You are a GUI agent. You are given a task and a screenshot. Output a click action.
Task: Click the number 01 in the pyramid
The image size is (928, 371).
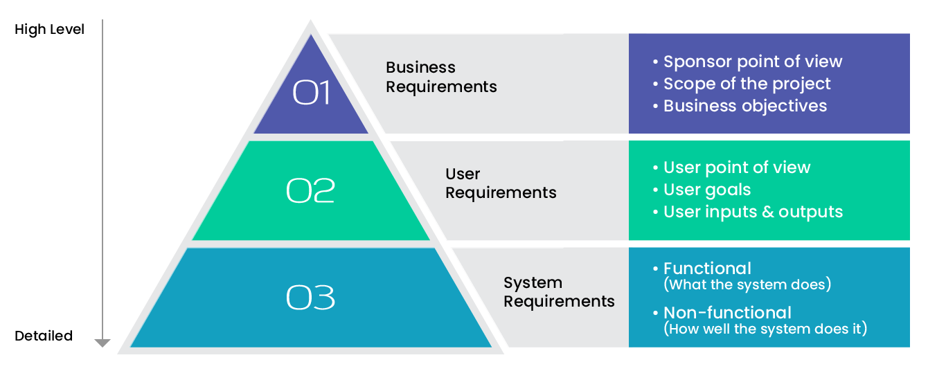(311, 92)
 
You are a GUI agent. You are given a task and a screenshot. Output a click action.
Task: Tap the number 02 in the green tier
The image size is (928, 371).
(310, 190)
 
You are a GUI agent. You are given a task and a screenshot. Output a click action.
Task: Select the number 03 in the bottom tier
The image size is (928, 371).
(310, 298)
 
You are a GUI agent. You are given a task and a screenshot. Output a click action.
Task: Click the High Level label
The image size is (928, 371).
(49, 29)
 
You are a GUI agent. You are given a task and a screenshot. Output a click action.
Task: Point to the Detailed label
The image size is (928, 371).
(44, 336)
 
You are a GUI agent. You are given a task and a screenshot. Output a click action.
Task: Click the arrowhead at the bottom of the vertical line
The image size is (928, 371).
(102, 343)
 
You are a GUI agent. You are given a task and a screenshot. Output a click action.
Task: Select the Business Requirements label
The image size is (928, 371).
(441, 77)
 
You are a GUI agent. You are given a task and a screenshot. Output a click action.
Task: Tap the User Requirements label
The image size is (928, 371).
(501, 183)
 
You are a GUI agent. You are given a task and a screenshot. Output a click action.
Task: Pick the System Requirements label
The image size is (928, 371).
(559, 292)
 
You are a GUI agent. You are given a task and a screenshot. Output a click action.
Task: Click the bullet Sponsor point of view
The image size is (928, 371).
(748, 62)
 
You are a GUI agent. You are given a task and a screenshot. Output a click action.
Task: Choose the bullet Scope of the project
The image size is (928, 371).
(742, 84)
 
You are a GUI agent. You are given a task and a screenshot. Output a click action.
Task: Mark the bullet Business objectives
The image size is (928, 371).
(740, 106)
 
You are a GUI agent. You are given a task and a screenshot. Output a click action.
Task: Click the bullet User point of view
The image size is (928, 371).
(731, 168)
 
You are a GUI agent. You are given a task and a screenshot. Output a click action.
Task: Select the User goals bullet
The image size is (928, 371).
(702, 190)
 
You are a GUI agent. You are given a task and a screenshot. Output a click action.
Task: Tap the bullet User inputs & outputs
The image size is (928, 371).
(748, 212)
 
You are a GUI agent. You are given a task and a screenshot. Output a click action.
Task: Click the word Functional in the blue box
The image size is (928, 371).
(707, 269)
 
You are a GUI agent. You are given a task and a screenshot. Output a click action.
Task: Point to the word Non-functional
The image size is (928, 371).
(727, 313)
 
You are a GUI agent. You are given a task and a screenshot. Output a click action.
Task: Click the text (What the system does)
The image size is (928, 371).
(747, 284)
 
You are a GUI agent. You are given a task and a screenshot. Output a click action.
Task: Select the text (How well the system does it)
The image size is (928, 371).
(765, 329)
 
